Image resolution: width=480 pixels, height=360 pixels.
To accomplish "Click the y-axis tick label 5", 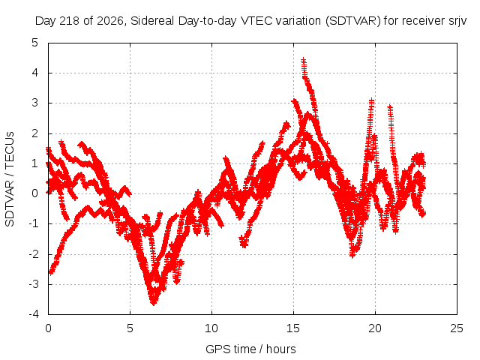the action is [35, 43].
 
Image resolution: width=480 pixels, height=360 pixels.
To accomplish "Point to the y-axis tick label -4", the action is [33, 314].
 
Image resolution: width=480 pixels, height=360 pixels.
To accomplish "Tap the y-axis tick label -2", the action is [33, 254].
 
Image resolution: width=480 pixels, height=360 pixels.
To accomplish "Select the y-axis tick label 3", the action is [35, 103].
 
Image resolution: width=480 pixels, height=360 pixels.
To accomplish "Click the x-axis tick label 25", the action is [457, 328].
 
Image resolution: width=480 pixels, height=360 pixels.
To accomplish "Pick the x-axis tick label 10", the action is [211, 328].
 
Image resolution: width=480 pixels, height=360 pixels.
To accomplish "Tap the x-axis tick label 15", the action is [293, 328].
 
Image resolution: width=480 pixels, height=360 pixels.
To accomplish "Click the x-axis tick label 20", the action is [375, 328].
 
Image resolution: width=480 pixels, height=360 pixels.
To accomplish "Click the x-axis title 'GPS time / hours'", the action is [250, 349].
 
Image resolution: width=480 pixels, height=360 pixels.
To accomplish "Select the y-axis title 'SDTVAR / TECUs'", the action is [10, 179].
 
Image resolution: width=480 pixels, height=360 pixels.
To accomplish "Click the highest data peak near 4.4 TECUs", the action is [303, 60].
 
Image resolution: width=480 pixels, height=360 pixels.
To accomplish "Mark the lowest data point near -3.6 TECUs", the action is [154, 303].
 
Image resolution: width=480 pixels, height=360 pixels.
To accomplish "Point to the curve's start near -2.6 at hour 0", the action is [50, 272].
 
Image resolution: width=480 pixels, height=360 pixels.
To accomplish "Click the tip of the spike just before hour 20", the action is [371, 100].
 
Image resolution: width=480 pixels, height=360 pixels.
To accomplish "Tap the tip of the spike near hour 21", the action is [390, 106].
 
